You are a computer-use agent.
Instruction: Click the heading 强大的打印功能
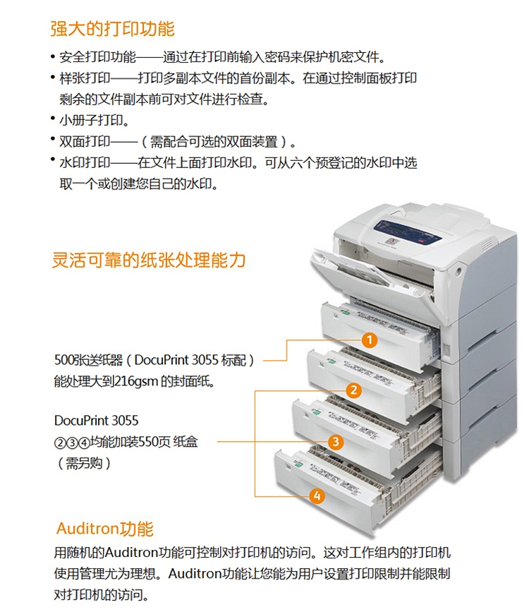(112, 28)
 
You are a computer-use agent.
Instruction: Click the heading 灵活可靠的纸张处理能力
(149, 260)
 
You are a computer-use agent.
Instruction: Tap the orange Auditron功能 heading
(104, 529)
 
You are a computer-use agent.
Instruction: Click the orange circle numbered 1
(369, 340)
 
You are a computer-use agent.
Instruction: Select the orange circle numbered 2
(353, 390)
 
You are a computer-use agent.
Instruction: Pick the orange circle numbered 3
(336, 442)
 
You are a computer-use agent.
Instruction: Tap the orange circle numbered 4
(317, 496)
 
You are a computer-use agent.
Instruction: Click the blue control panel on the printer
(408, 233)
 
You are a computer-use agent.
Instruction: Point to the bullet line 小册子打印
(94, 120)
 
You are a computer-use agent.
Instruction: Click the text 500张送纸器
(89, 360)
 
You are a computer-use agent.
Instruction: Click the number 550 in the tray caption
(148, 441)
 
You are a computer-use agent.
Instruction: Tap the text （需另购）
(84, 463)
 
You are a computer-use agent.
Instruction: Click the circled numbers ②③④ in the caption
(72, 443)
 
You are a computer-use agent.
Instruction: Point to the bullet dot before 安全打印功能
(53, 57)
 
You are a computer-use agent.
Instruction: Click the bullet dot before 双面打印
(53, 138)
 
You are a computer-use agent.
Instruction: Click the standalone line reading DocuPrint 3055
(97, 421)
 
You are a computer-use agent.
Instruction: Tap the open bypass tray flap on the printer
(351, 270)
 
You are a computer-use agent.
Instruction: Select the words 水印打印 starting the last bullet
(85, 162)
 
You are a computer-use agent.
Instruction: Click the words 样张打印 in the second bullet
(85, 78)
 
